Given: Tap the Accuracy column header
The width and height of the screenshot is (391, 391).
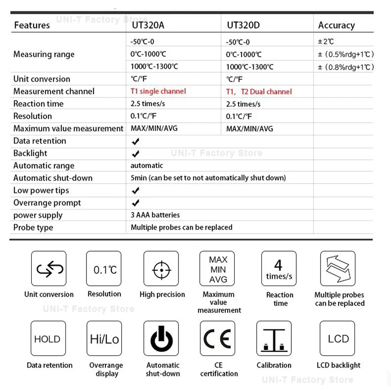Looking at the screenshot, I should click(336, 25).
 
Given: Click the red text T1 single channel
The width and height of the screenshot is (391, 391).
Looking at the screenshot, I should click(158, 91).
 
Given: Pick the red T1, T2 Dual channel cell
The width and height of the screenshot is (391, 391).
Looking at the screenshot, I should click(259, 91).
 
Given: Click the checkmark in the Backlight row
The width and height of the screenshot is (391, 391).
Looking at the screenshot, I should click(136, 153).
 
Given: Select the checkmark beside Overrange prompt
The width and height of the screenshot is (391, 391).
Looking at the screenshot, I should click(136, 203).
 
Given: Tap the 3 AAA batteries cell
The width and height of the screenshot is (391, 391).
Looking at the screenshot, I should click(155, 215).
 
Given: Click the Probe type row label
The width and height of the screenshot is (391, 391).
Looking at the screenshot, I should click(33, 227).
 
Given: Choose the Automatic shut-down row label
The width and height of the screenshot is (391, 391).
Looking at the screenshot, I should click(53, 178).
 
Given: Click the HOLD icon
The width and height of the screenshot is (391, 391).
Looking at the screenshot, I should click(48, 339).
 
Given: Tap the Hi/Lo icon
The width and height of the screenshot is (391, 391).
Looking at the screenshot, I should click(104, 339).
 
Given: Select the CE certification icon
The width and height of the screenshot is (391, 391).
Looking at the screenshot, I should click(218, 339).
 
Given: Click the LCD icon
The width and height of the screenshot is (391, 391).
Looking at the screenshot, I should click(338, 339).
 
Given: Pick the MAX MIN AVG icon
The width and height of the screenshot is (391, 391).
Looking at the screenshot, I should click(218, 269).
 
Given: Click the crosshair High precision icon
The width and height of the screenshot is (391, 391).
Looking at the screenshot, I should click(161, 269).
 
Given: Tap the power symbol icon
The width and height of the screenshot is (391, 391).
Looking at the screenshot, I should click(161, 339).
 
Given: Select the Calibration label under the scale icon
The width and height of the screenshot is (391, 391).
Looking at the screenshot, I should click(274, 365).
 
